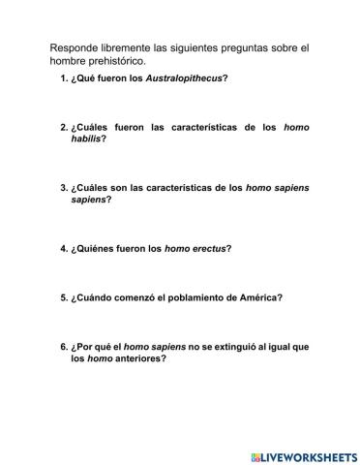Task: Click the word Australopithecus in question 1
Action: tap(184, 77)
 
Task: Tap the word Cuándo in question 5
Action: tap(99, 297)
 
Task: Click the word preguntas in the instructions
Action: tap(251, 46)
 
